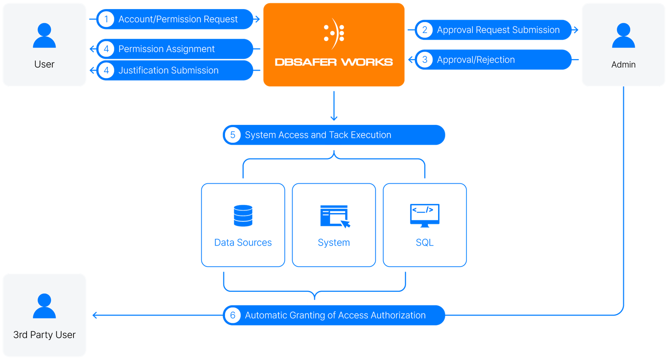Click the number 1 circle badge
click(x=106, y=19)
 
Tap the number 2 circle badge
click(x=425, y=30)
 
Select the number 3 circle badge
click(x=425, y=60)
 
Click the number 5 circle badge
click(x=233, y=135)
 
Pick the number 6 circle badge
click(x=233, y=315)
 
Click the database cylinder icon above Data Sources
click(x=243, y=215)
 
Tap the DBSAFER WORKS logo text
click(x=334, y=62)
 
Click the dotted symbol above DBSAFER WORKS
click(x=334, y=33)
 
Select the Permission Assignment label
click(x=166, y=49)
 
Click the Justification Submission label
click(x=168, y=70)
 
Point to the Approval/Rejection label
click(x=476, y=60)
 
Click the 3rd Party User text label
click(x=44, y=335)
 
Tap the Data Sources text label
click(x=243, y=242)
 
